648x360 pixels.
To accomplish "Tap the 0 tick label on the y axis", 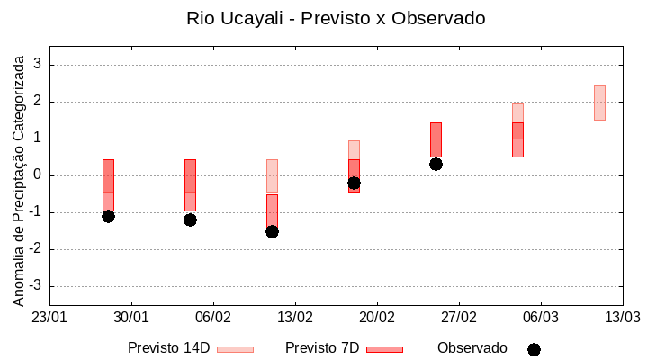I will coord(38,175).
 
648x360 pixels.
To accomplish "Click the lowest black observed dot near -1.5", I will coord(272,231).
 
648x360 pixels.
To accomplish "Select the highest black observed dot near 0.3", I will coord(436,164).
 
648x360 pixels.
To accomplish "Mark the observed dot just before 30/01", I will coord(108,216).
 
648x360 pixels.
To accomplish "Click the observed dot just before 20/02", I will coord(354,183).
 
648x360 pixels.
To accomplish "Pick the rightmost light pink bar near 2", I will coord(599,103).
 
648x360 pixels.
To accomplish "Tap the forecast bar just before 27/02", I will coord(436,139).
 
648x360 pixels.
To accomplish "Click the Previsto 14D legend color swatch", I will coord(235,349).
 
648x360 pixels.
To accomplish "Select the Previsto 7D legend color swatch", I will coord(384,349).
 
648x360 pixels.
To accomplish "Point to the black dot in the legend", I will coord(534,349).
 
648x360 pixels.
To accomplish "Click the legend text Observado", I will coord(472,348).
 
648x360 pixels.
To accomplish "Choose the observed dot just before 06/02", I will coord(190,220).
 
